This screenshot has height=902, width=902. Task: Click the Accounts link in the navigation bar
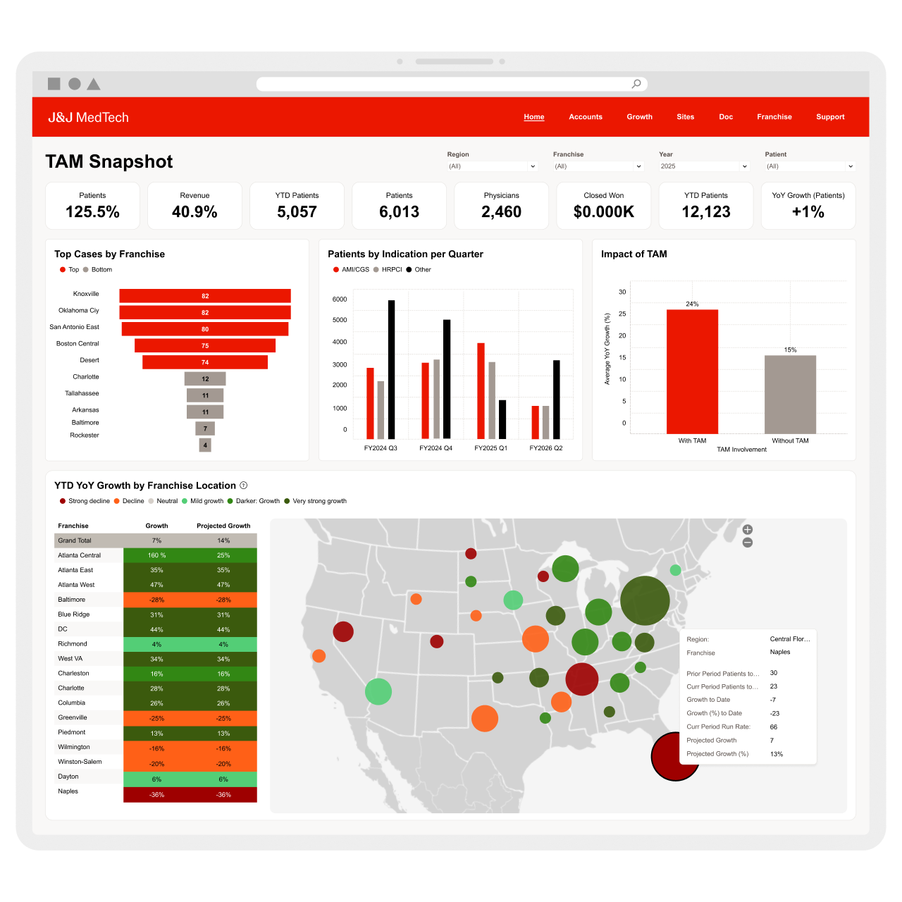pos(586,117)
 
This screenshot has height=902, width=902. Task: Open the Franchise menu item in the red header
pos(774,117)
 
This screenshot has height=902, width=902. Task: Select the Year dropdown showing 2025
pos(703,166)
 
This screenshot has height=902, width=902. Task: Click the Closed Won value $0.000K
pos(604,212)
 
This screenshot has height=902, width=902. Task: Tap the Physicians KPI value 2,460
pos(501,212)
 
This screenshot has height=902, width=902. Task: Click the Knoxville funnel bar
pos(205,296)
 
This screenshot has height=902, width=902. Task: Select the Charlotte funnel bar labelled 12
pos(205,379)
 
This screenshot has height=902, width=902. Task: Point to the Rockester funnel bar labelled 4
pos(205,445)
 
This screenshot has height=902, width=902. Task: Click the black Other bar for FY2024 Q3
pos(392,369)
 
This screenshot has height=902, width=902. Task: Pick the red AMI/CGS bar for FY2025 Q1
pos(481,391)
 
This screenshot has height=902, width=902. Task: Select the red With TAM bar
pos(692,371)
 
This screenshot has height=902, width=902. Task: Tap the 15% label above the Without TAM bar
pos(791,350)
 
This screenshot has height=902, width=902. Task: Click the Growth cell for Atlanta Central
pos(156,555)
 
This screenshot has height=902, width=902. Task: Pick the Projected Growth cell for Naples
pos(223,795)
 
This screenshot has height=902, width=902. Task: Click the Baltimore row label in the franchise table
pos(72,600)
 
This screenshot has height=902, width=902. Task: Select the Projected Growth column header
pos(223,526)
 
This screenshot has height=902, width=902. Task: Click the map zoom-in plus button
pos(748,530)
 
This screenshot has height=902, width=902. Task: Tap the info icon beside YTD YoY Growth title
pos(244,486)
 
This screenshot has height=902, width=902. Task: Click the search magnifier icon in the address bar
pos(636,84)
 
